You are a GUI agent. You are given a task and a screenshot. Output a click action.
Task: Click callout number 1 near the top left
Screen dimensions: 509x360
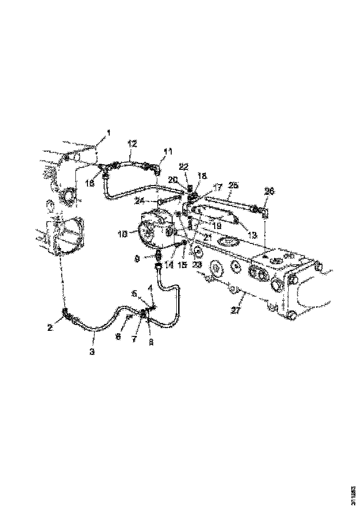tap(109, 133)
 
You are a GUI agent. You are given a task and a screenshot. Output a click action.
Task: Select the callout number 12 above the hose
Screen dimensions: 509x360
tap(132, 144)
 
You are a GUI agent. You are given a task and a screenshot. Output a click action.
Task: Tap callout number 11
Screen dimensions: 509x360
tap(167, 151)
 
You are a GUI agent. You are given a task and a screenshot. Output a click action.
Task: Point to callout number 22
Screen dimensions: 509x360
tap(184, 167)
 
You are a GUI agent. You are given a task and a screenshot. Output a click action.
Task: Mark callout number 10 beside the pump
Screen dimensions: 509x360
tap(123, 235)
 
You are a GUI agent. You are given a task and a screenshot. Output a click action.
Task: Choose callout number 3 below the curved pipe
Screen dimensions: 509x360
tap(93, 352)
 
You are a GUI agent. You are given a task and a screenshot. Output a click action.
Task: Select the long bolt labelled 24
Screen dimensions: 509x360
tap(171, 201)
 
